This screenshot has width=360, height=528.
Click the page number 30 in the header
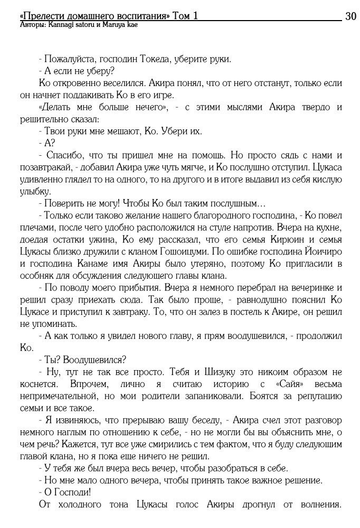(x=351, y=16)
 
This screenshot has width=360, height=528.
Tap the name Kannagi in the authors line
(x=62, y=25)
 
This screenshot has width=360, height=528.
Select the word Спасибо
(x=65, y=156)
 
